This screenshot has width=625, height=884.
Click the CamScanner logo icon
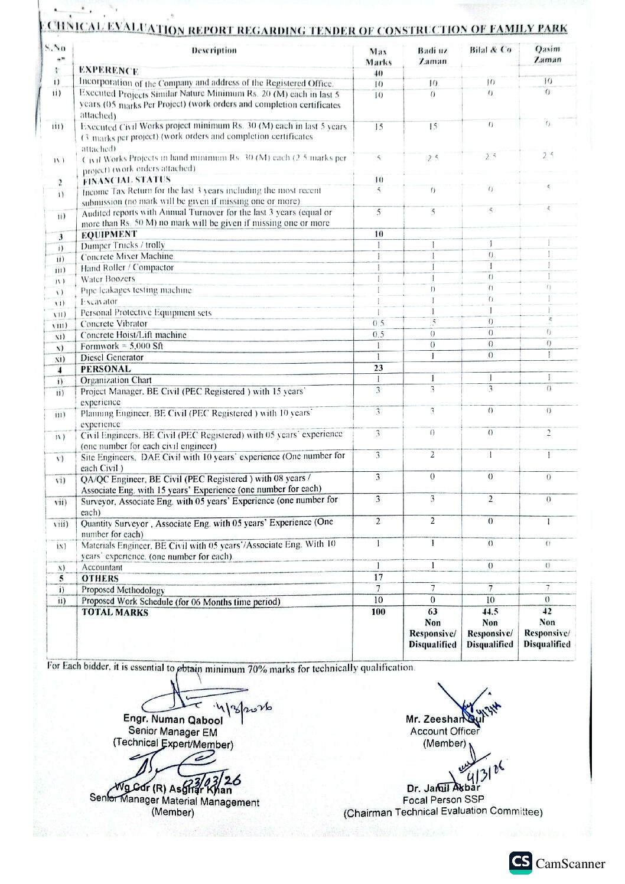(520, 863)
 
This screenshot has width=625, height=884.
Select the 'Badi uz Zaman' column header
(432, 56)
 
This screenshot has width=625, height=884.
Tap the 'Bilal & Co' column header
(490, 50)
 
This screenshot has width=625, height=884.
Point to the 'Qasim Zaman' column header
(547, 54)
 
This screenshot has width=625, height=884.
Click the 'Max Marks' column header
(379, 57)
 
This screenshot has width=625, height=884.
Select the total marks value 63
(432, 612)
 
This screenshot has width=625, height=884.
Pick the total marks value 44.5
(490, 612)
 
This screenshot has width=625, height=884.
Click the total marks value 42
(547, 612)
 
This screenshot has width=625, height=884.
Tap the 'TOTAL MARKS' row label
(115, 612)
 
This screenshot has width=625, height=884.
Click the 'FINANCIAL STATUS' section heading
(126, 180)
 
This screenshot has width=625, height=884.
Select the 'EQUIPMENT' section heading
(109, 234)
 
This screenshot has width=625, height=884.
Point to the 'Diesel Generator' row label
(112, 357)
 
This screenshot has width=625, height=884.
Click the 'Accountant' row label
(102, 567)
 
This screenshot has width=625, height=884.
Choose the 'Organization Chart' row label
(116, 380)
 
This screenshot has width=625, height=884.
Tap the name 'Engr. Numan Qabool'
(172, 719)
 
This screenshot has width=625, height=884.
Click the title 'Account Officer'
(444, 731)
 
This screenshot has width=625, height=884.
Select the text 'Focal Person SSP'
(443, 800)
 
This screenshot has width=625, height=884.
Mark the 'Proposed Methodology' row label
(123, 590)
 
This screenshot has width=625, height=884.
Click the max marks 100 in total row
(378, 612)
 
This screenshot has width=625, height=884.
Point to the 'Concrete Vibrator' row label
(114, 324)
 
